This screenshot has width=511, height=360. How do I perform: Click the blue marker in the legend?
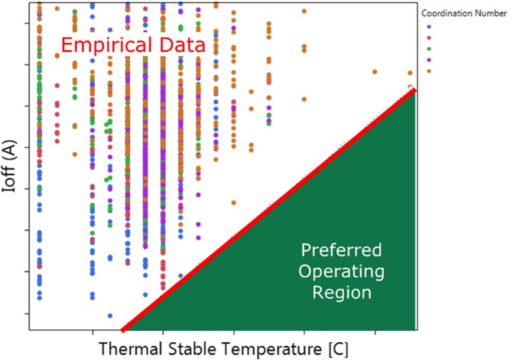(x=429, y=26)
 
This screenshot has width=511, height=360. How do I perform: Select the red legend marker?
(x=429, y=38)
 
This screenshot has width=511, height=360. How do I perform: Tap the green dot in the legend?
(x=429, y=49)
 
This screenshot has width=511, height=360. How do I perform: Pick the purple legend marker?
(x=429, y=60)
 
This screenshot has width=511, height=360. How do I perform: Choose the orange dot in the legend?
(x=429, y=71)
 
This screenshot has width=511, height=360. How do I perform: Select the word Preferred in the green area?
(x=341, y=251)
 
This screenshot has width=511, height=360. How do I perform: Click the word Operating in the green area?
(x=342, y=272)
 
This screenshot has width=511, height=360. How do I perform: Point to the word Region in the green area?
(x=342, y=292)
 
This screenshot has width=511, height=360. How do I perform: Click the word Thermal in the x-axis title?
(x=131, y=349)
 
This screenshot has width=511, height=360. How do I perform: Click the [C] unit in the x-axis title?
(x=338, y=349)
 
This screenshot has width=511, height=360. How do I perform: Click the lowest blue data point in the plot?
(x=110, y=316)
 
